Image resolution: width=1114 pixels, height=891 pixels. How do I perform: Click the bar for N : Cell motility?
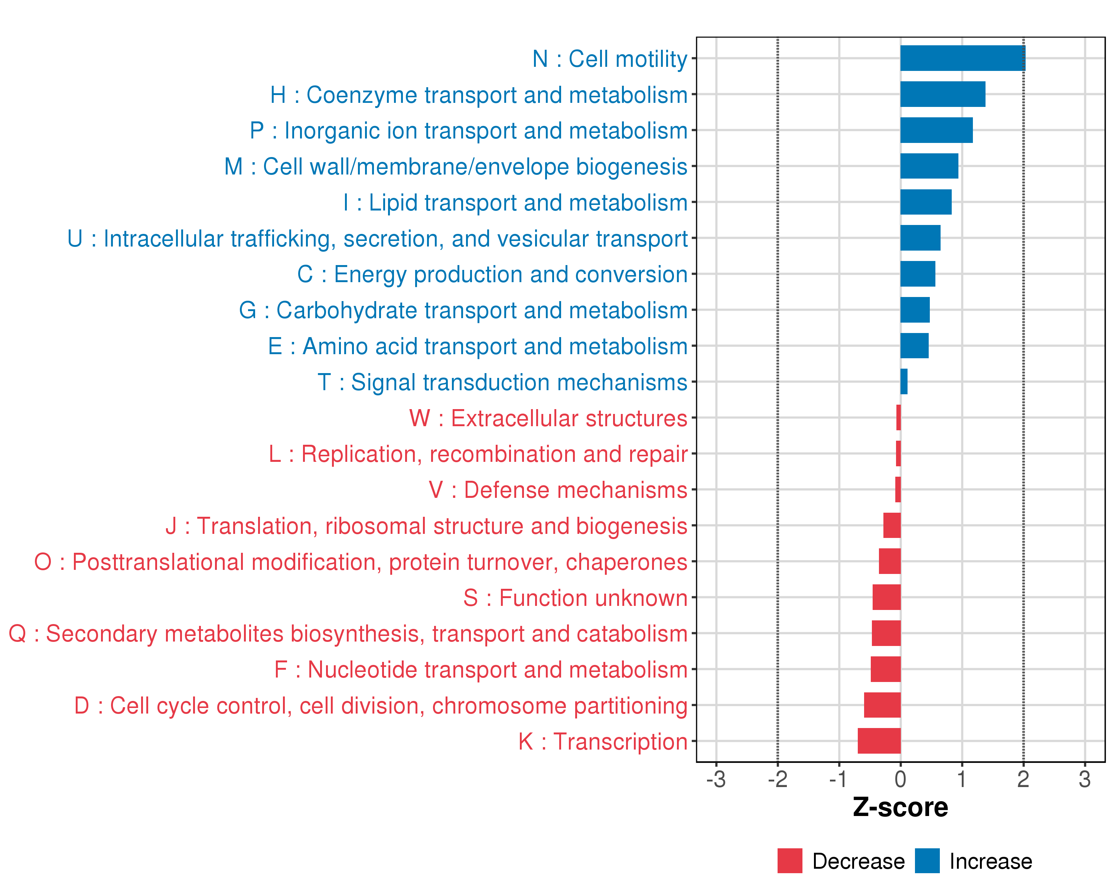[x=962, y=58]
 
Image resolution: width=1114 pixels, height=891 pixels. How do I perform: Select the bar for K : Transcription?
[x=879, y=741]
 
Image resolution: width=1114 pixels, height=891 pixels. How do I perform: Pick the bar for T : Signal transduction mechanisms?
[x=904, y=382]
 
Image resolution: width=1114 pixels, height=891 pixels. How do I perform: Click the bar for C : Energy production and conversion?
[x=918, y=274]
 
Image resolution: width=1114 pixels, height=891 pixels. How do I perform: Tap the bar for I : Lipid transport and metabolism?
[x=926, y=202]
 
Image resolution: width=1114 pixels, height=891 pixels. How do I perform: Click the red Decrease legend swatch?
[x=789, y=861]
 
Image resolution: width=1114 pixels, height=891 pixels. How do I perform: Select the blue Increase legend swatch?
[x=927, y=861]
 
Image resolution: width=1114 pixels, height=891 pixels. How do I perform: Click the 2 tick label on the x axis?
[x=1023, y=779]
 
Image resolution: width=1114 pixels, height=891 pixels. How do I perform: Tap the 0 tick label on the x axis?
[x=900, y=779]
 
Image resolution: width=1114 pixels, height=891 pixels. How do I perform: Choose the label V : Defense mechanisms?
[x=558, y=490]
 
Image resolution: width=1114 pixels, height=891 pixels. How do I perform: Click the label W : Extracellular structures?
[x=548, y=418]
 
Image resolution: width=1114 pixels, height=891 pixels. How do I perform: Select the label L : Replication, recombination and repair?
[x=478, y=454]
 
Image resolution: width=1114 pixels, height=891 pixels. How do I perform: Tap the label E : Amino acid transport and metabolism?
[x=478, y=346]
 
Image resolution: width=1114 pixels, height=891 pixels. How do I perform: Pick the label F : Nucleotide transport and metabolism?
[x=481, y=669]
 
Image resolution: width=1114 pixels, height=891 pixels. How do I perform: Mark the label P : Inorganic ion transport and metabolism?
[x=468, y=130]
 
